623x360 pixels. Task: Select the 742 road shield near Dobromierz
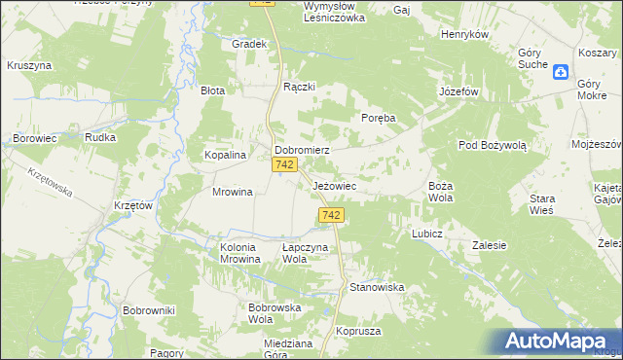284,166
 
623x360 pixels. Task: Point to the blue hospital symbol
561,71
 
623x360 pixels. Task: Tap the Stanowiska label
377,287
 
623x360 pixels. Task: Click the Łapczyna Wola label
308,253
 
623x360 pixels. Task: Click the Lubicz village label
427,234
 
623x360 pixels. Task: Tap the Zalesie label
489,245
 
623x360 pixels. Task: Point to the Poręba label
379,118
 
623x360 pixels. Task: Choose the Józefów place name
459,91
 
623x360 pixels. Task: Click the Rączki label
299,87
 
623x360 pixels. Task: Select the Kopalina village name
224,155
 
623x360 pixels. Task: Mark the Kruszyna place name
29,65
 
